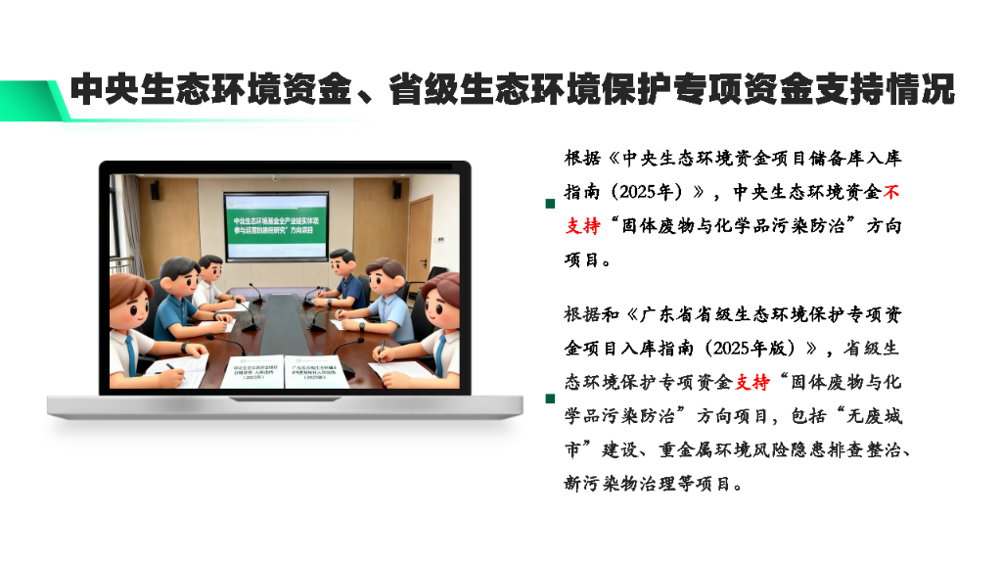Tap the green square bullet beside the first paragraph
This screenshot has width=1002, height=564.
(550, 204)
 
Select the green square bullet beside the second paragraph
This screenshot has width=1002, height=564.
(550, 399)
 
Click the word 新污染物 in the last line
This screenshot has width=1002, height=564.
(598, 483)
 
